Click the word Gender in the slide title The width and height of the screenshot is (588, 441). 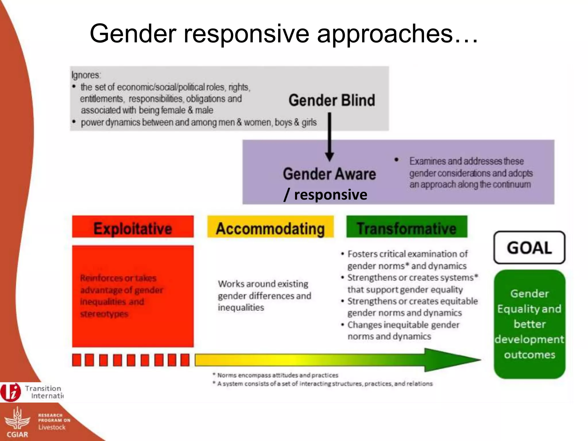coord(133,34)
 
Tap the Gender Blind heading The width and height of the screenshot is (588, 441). coord(332,100)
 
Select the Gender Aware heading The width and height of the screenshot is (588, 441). coord(329,174)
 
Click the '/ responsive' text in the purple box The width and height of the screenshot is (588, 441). coord(325,195)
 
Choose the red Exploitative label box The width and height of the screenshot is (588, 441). coord(133,227)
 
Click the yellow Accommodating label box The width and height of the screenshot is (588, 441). coord(270,227)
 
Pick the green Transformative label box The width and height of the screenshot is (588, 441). coord(407,227)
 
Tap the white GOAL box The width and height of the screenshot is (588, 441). coord(529,247)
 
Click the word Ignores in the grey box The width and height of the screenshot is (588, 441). coord(86,75)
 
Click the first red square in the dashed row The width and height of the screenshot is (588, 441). coord(76,360)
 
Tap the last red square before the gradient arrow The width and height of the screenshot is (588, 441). coord(185,360)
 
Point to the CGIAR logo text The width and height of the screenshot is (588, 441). coord(17,434)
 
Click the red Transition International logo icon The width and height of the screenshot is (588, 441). coord(11,392)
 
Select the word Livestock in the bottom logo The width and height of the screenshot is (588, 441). coord(52,427)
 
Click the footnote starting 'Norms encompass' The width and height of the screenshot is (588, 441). coord(276,375)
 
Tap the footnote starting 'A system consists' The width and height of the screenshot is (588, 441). coord(323,384)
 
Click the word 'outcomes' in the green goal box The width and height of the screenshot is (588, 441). coord(529,355)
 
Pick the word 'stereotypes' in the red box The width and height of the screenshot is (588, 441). coord(104,314)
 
